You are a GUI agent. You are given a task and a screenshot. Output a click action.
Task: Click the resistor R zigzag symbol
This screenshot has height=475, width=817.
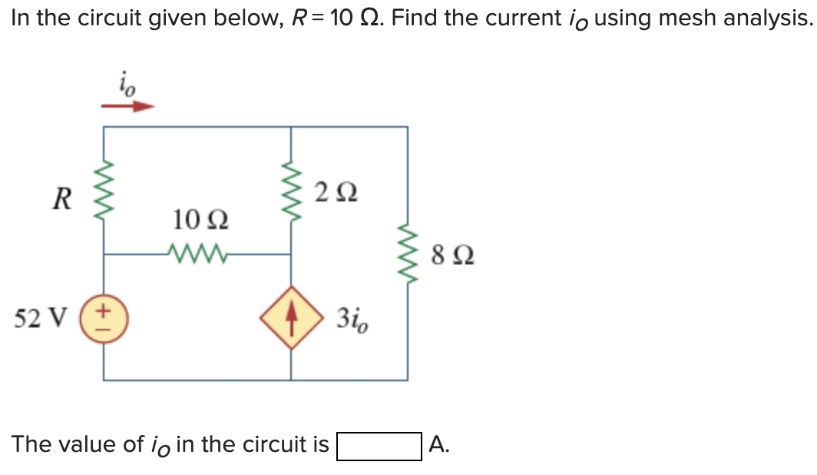[x=104, y=199]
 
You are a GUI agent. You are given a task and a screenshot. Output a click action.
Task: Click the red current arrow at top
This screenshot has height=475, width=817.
[x=128, y=107]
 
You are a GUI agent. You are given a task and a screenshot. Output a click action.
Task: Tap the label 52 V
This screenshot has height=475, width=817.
[x=46, y=317]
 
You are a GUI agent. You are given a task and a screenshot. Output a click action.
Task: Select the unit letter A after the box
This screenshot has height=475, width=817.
[x=438, y=444]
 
